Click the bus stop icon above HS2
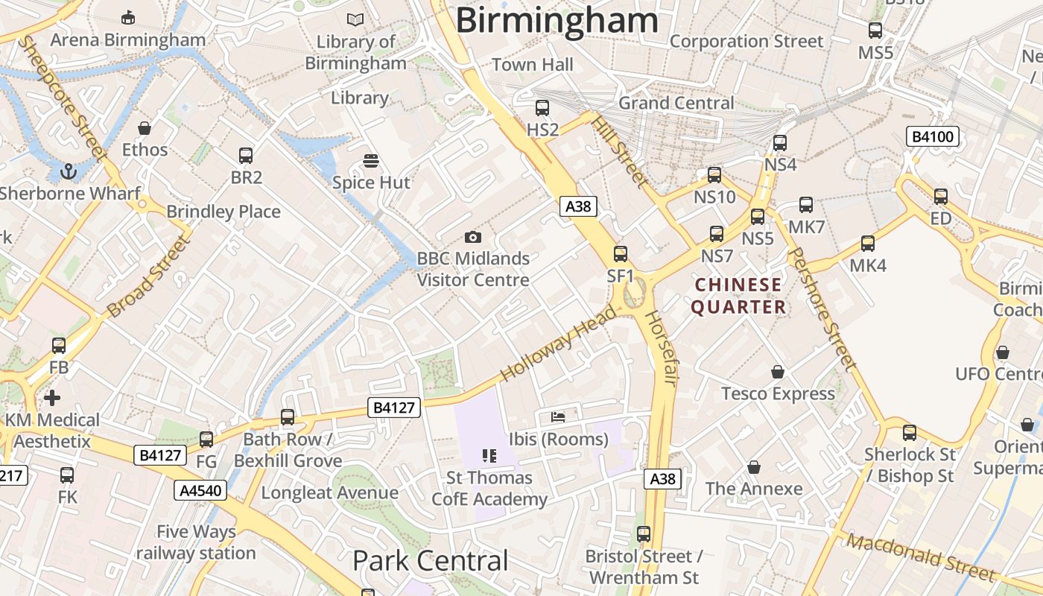[542, 108]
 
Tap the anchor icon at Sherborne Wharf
[69, 172]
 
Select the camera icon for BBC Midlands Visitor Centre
[472, 238]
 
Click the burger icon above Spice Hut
[370, 161]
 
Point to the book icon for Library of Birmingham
[356, 20]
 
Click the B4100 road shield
[932, 137]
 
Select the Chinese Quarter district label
[738, 296]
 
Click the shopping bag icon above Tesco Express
[778, 372]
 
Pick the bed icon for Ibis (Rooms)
[558, 417]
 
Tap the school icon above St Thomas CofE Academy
[489, 455]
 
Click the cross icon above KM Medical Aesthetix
[52, 398]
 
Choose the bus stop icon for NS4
[780, 143]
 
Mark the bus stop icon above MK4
[868, 244]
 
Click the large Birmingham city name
[557, 20]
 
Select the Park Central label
[430, 561]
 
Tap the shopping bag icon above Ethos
[145, 128]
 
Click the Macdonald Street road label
[921, 557]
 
